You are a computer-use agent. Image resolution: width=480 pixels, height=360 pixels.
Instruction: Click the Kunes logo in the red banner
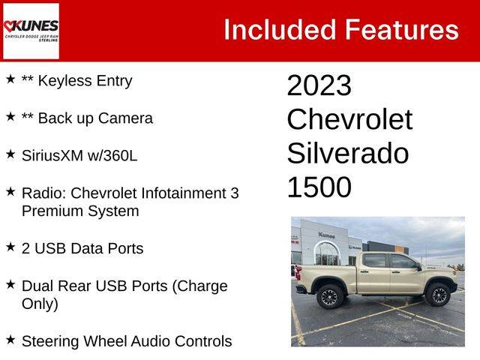(31, 31)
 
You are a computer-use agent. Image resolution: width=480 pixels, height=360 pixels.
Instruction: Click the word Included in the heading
(280, 30)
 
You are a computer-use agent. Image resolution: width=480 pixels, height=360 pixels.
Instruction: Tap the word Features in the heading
(402, 30)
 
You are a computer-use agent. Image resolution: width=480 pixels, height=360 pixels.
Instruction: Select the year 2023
(319, 85)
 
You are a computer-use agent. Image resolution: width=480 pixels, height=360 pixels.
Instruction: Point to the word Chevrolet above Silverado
(349, 119)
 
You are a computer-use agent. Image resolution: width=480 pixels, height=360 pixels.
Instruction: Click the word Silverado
(348, 153)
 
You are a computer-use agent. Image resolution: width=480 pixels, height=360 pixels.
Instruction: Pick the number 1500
(319, 187)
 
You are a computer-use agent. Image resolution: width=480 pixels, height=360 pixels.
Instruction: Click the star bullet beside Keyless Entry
(10, 79)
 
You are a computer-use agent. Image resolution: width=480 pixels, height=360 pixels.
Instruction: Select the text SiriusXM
(52, 155)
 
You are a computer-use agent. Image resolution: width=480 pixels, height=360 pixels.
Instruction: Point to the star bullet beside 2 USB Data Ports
(10, 247)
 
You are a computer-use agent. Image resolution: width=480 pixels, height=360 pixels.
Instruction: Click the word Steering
(50, 342)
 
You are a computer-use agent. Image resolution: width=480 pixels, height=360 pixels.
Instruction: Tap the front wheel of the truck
(438, 295)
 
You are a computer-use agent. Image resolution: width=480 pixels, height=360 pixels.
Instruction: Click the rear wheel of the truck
(330, 297)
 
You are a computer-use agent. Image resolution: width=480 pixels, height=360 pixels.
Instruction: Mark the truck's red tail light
(298, 272)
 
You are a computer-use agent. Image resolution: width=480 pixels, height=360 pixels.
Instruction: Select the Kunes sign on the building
(326, 235)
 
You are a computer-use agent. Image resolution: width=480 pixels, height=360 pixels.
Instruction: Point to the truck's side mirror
(418, 267)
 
